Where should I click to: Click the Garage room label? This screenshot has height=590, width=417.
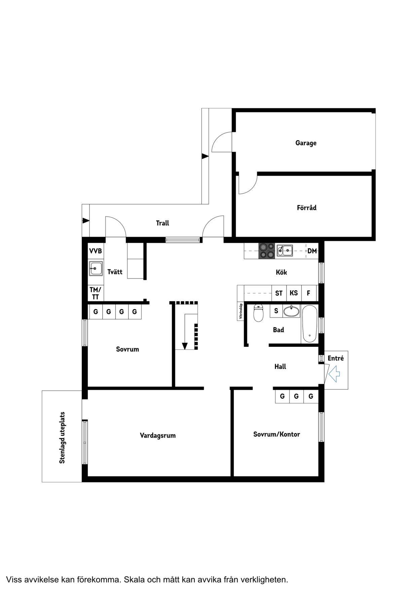click(306, 143)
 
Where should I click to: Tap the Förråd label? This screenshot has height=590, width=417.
click(306, 208)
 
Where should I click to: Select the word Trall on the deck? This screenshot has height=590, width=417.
click(162, 223)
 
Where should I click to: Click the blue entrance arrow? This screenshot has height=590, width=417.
click(334, 374)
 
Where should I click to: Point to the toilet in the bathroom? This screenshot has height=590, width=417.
click(258, 313)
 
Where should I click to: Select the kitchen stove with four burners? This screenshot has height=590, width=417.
click(266, 251)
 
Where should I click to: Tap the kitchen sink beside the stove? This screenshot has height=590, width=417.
click(285, 251)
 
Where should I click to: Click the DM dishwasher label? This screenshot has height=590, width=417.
click(312, 251)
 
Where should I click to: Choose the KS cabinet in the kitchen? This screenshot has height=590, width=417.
click(294, 293)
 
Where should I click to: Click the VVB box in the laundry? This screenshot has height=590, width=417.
click(96, 251)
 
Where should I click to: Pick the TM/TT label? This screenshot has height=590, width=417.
click(96, 293)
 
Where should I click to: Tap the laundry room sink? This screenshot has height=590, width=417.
click(96, 268)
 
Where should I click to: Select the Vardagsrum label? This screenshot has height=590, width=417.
click(158, 436)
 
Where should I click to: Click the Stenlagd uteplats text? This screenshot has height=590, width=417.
click(62, 438)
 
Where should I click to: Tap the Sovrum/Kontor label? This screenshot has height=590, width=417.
click(276, 434)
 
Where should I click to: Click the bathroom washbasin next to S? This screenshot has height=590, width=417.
click(291, 311)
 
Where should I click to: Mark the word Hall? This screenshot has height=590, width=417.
click(280, 367)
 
